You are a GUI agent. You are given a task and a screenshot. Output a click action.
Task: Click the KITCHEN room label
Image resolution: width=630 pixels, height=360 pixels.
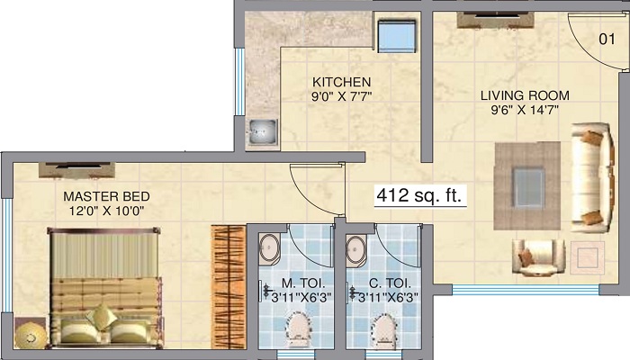(341, 82)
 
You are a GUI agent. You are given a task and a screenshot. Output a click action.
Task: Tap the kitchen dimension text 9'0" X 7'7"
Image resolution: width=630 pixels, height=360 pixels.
(341, 96)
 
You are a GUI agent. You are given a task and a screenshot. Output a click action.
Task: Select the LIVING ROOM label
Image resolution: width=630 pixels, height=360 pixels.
(525, 95)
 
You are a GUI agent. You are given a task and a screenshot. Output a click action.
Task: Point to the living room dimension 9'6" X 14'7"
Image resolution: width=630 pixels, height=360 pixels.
(525, 110)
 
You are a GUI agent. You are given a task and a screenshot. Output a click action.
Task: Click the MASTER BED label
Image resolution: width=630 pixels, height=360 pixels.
(106, 196)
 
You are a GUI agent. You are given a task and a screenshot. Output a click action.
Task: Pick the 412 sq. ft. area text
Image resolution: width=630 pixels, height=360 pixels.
(419, 195)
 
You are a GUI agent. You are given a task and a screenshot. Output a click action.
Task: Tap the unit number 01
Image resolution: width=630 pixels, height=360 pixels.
(607, 39)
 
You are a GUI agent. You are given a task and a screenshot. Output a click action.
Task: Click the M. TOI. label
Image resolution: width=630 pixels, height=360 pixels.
(303, 283)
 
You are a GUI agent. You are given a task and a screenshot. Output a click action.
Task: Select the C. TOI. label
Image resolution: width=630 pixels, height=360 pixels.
(390, 283)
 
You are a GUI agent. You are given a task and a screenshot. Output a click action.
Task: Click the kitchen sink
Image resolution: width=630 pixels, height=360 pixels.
(263, 131)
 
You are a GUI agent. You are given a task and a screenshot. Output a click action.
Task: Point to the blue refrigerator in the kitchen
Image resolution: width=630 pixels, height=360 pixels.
(397, 36)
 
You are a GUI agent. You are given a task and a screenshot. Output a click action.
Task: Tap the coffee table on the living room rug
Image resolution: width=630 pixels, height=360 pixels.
(529, 187)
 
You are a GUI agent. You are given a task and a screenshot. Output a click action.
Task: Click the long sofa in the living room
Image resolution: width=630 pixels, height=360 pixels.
(592, 177)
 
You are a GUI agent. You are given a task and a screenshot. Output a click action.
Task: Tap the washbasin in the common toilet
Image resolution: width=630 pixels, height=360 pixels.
(356, 250)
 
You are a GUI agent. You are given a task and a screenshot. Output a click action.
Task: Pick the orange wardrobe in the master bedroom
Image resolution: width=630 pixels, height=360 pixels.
(229, 287)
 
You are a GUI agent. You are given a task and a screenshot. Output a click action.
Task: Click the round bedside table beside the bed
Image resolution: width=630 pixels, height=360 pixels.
(30, 333)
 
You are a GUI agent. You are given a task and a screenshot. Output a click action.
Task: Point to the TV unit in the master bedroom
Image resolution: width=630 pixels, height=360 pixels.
(77, 170)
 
